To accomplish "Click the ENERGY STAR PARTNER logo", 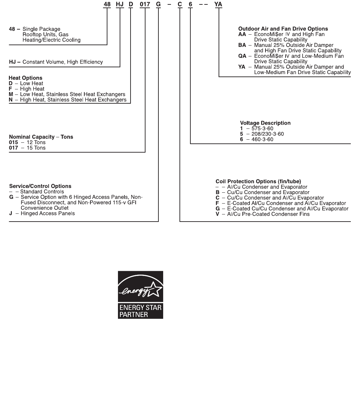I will click(140, 295).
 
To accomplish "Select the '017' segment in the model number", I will click(145, 5).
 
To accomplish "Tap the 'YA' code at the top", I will click(218, 5).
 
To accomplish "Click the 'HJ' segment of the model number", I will click(120, 5).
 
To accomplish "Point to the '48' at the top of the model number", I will click(107, 5).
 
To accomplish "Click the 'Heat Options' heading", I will click(25, 78).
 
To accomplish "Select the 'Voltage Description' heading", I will click(265, 123).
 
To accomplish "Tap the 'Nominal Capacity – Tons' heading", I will click(41, 137).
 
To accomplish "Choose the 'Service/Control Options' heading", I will click(40, 186).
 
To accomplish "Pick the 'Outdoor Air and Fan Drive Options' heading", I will click(283, 29).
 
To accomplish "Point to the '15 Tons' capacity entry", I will click(36, 148).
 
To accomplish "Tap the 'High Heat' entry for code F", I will click(32, 89).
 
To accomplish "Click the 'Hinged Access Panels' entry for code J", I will click(48, 213).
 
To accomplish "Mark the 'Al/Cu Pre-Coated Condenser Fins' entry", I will click(268, 214).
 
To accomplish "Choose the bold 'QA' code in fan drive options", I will click(242, 56).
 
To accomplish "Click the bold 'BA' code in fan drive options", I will click(242, 45).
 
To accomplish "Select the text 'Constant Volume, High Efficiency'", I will click(63, 62).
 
